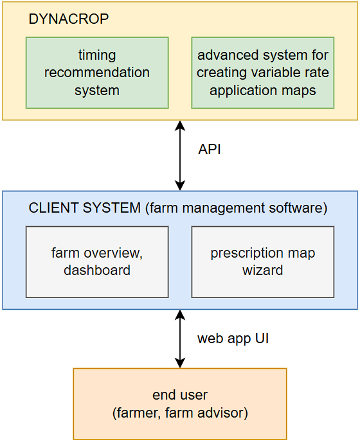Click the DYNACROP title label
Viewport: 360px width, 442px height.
(69, 19)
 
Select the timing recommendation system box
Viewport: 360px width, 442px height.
(97, 73)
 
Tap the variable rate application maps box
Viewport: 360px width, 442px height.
(263, 73)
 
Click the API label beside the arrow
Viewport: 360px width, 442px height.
(210, 149)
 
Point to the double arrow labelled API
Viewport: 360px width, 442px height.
(180, 155)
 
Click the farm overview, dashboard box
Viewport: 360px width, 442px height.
(97, 262)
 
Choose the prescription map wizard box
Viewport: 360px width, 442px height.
(263, 262)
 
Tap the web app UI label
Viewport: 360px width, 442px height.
(233, 339)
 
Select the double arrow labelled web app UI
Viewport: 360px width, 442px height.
(180, 339)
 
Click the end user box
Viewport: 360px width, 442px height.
(180, 403)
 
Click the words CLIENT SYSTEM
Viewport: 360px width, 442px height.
(85, 208)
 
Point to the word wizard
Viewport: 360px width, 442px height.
(263, 270)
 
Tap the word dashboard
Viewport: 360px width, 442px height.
(97, 270)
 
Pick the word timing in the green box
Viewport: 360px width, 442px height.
(97, 55)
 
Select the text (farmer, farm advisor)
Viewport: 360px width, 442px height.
(180, 413)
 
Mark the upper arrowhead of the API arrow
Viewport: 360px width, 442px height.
(180, 125)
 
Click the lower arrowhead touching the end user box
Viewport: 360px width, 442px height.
(180, 363)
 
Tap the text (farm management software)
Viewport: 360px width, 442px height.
(237, 208)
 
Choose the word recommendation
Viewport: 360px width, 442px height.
(97, 73)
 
